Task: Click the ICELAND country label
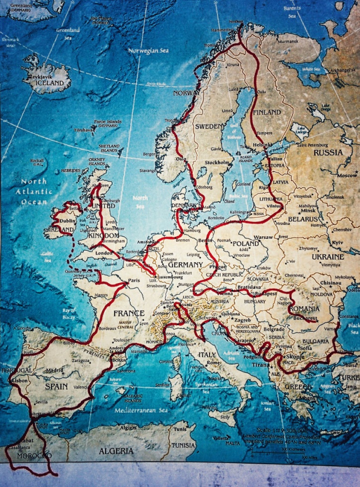point(50,83)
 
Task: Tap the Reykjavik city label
point(41,77)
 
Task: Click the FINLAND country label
point(267,113)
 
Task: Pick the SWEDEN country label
point(209,127)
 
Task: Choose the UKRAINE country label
point(328,257)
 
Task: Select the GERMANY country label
point(185,265)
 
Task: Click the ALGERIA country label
point(116,451)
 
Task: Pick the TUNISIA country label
point(183,445)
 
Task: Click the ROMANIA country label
point(303,309)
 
